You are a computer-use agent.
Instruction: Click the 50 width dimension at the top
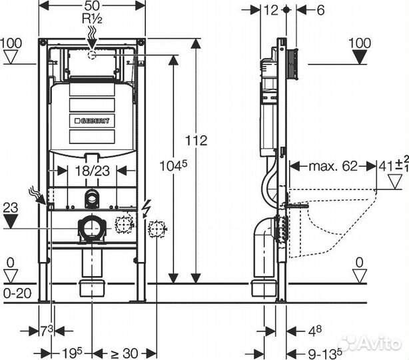tap(92, 6)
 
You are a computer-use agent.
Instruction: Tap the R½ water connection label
tap(92, 19)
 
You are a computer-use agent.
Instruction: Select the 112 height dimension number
tap(196, 141)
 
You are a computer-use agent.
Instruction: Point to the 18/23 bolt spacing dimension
tap(93, 171)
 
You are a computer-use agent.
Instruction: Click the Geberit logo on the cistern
tap(92, 121)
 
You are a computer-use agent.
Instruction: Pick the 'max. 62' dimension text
tap(333, 166)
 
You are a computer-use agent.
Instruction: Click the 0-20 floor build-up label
tap(17, 293)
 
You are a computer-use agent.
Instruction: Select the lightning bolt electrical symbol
tap(147, 209)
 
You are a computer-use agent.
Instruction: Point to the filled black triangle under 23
tap(11, 221)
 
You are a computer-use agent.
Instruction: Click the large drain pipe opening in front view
tap(91, 227)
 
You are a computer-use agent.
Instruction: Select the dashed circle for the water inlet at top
tap(92, 55)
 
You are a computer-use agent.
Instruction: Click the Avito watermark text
tap(370, 342)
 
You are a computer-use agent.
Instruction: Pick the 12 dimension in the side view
tap(271, 10)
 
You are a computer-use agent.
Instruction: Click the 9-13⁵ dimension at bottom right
tap(325, 354)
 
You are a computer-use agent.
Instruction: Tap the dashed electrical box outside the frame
tap(157, 229)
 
